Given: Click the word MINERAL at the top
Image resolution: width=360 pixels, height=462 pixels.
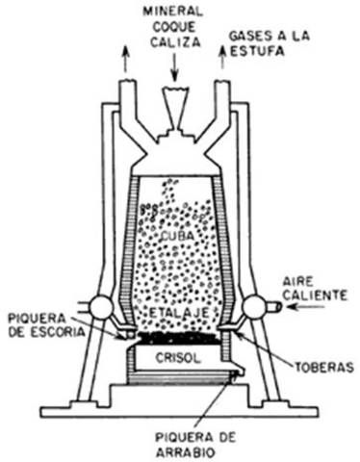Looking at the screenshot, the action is tap(174, 11).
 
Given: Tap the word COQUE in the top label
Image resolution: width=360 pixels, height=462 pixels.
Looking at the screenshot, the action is tap(174, 25).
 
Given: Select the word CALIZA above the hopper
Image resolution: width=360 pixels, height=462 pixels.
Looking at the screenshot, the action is tap(174, 39).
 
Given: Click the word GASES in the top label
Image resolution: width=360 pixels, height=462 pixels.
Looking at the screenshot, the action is tap(248, 36).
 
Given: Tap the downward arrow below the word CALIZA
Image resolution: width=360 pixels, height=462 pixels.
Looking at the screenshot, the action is tap(174, 65).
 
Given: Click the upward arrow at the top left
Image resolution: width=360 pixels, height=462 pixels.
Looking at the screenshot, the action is tap(124, 59).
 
